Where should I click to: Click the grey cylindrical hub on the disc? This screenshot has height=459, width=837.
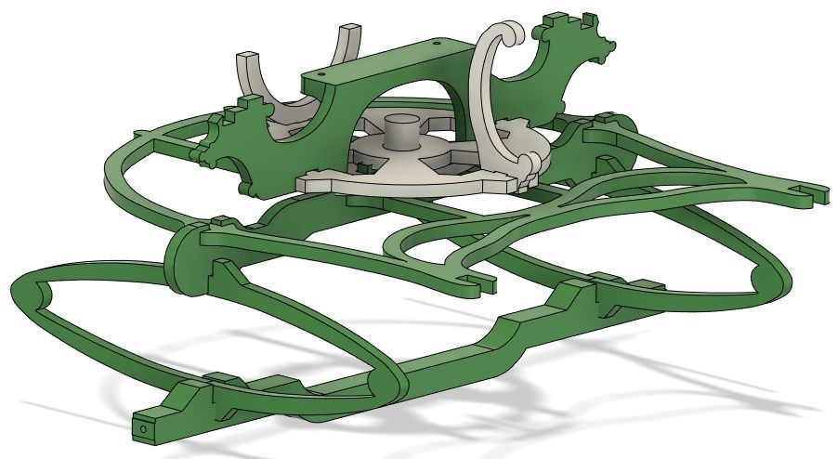[x=402, y=131]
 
